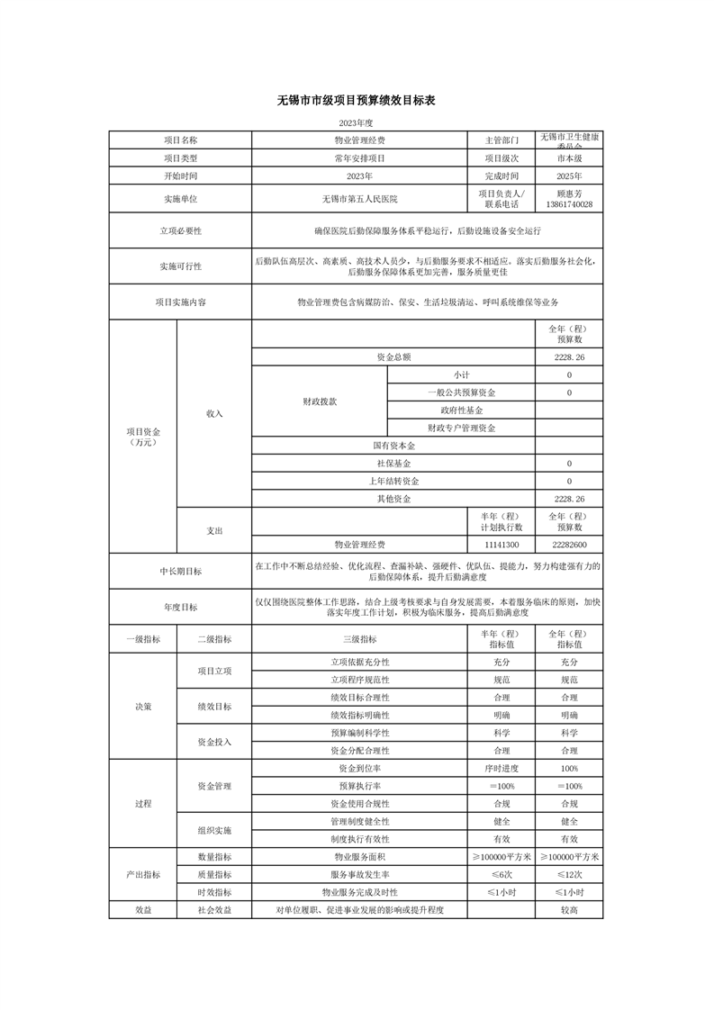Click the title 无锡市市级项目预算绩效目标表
pyautogui.click(x=357, y=101)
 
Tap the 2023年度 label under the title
pyautogui.click(x=357, y=122)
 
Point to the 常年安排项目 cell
pyautogui.click(x=359, y=158)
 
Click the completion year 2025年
pyautogui.click(x=569, y=176)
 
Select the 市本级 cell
pyautogui.click(x=569, y=158)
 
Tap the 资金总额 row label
pyautogui.click(x=393, y=357)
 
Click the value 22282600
pyautogui.click(x=569, y=545)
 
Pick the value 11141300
pyautogui.click(x=502, y=545)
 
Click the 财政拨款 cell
pyautogui.click(x=320, y=401)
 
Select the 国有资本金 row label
pyautogui.click(x=393, y=446)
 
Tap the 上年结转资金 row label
pyautogui.click(x=393, y=481)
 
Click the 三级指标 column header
pyautogui.click(x=359, y=639)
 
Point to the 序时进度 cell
pyautogui.click(x=502, y=769)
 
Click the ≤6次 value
pyautogui.click(x=502, y=874)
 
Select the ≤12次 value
pyautogui.click(x=569, y=874)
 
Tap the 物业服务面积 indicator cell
pyautogui.click(x=359, y=857)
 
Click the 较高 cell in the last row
pyautogui.click(x=569, y=910)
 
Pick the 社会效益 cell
pyautogui.click(x=214, y=910)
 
